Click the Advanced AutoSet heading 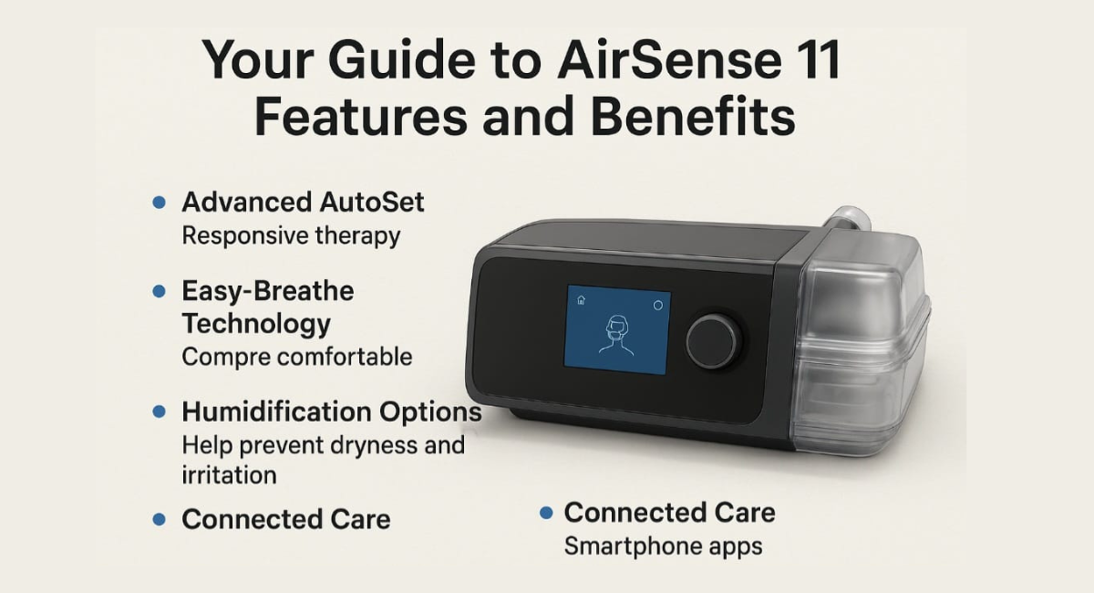coord(303,202)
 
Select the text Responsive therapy coord(291,235)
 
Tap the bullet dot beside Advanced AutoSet coord(160,203)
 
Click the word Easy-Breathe coord(267,292)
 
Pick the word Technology coord(256,323)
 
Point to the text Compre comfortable coord(296,356)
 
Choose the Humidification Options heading coord(332,411)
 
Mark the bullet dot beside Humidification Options coord(160,412)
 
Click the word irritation coord(229,475)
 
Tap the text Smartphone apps coord(663,546)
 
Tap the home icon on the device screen coord(581,299)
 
